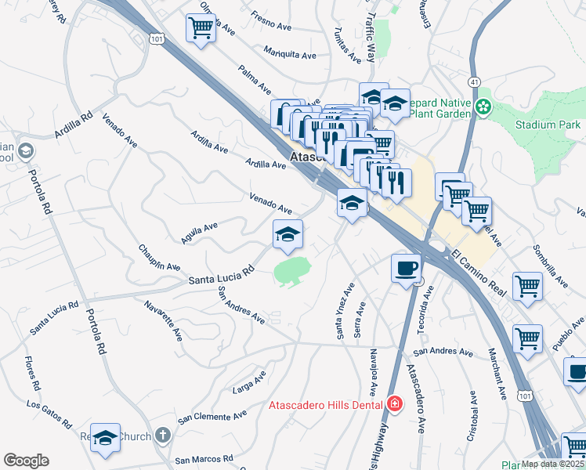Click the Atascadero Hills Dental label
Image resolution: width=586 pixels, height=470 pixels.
point(325,404)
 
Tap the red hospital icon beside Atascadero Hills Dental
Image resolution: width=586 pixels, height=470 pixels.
point(395,404)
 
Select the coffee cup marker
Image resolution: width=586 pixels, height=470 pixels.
point(405,269)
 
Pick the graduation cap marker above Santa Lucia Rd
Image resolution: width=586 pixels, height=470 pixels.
point(288,235)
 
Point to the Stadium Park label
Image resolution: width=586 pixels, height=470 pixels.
point(548,125)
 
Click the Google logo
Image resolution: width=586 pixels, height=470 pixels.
point(26,461)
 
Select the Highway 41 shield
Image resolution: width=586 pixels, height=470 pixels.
point(474,81)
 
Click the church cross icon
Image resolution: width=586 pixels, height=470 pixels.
point(162,434)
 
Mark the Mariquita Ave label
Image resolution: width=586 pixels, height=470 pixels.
point(290,55)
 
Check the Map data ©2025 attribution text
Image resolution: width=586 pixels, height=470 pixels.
point(552,464)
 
